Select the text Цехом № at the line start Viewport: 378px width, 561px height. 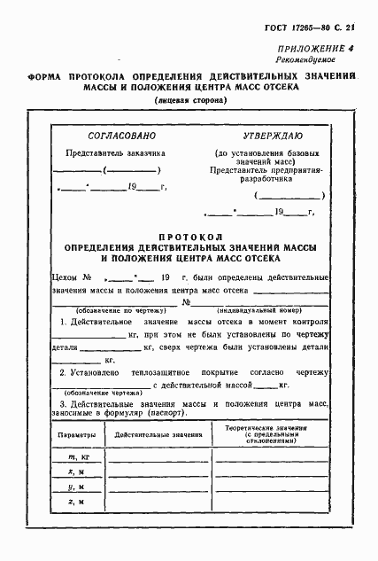pos(73,277)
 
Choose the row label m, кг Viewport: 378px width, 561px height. pos(79,456)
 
